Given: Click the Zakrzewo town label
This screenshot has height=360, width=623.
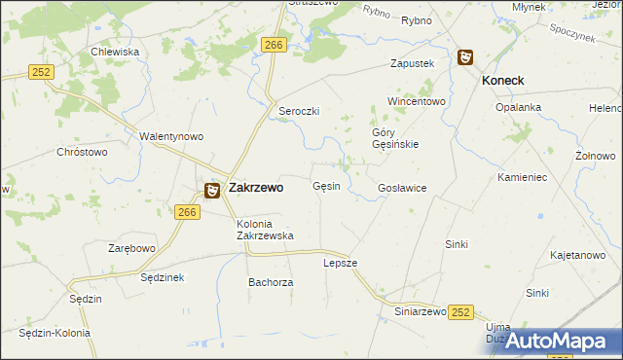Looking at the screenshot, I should tap(255, 188).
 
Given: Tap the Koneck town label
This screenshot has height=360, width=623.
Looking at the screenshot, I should tap(503, 81).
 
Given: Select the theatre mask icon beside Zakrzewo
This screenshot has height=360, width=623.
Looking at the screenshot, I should tap(211, 190).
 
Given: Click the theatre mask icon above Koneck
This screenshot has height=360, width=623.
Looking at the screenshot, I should tap(465, 57).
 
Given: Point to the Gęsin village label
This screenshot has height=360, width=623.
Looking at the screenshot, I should tap(326, 186).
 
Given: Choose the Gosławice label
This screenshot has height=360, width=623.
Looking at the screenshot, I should tap(402, 188).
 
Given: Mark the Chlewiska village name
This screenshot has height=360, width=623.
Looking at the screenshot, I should tap(115, 52).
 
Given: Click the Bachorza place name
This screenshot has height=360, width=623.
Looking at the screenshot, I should tap(271, 282).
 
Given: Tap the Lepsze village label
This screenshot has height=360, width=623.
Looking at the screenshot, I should tap(341, 263).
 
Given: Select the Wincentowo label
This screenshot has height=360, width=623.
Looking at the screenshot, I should tap(416, 101).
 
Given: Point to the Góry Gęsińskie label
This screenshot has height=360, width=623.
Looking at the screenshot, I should tap(395, 138).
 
